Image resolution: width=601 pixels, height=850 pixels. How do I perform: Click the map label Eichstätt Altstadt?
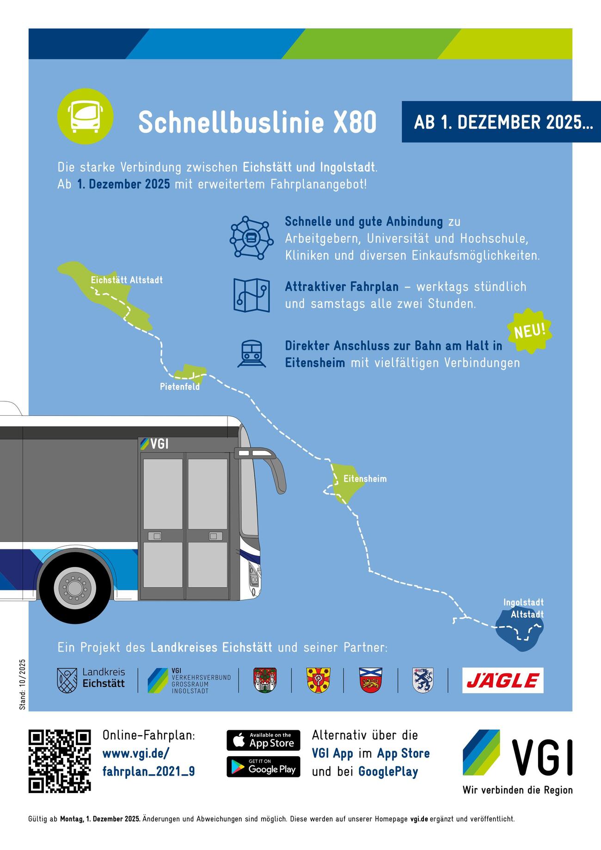tap(127, 280)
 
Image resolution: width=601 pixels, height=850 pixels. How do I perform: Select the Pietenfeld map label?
tap(180, 387)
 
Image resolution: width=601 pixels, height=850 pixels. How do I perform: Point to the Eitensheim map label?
tap(365, 479)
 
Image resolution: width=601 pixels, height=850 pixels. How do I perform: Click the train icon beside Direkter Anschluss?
tap(251, 354)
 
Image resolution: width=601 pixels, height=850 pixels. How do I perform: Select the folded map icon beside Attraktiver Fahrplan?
tap(251, 295)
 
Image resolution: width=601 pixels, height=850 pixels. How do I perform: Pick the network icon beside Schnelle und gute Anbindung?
tap(251, 238)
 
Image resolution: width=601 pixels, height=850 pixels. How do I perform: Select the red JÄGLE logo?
tap(503, 680)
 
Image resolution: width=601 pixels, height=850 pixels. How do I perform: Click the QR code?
tap(60, 761)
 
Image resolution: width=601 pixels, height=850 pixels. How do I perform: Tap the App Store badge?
tap(263, 740)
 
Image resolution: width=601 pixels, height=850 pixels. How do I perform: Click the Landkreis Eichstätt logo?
tap(91, 680)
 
